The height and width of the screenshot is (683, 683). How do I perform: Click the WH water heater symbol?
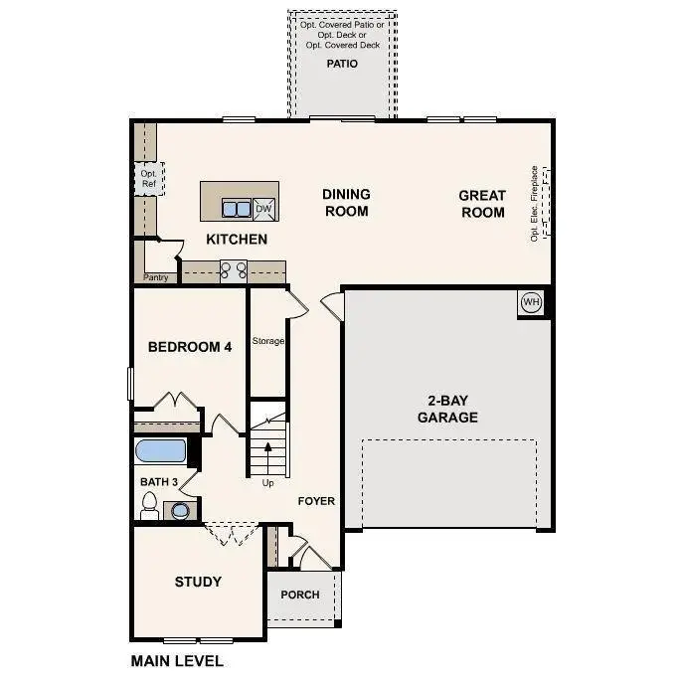[531, 302]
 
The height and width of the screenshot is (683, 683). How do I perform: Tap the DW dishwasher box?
[263, 208]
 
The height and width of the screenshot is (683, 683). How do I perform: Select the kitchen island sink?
[236, 209]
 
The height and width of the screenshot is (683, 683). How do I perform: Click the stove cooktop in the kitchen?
[233, 269]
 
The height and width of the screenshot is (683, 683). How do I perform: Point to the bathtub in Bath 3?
[160, 450]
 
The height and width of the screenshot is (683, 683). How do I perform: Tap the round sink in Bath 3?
[180, 511]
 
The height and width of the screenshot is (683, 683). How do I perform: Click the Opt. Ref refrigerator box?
[148, 178]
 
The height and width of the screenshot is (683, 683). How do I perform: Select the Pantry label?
[156, 277]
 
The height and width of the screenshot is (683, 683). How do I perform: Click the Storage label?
[267, 341]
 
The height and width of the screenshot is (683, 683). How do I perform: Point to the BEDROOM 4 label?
[190, 347]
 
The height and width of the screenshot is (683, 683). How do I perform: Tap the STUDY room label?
[198, 582]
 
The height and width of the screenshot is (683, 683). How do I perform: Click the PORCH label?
[300, 595]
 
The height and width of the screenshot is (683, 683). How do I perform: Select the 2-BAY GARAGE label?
[447, 409]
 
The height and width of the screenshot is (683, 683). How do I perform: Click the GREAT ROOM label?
[482, 203]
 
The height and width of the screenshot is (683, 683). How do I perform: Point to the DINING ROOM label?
[346, 202]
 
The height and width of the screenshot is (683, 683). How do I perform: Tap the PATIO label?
[342, 64]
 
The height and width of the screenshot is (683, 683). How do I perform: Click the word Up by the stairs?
[267, 484]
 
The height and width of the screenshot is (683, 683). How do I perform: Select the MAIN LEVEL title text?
[177, 660]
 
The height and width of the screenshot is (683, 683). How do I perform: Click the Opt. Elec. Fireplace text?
[534, 203]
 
